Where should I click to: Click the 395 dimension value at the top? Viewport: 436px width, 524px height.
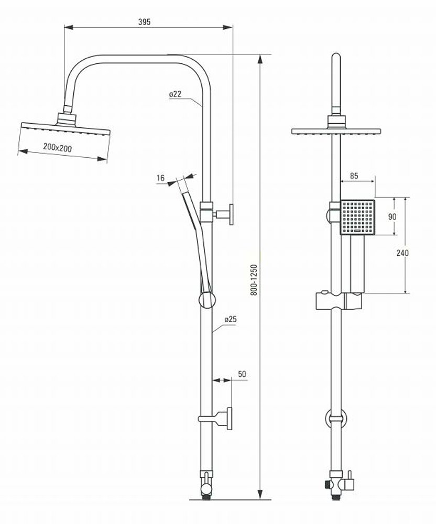pos(144,21)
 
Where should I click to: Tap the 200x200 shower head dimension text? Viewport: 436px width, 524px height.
pos(57,147)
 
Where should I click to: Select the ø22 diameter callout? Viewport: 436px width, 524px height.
pos(175,94)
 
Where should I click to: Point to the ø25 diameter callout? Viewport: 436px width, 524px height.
pos(231,319)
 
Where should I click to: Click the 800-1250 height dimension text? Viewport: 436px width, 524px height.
pos(254,280)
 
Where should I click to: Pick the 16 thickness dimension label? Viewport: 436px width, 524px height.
pos(161,178)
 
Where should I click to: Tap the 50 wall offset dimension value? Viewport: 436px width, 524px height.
pos(242,374)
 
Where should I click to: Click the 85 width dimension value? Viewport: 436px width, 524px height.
pos(354,176)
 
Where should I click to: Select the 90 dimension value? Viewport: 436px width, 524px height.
pos(392,216)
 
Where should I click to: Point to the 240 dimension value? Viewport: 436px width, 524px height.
pos(402,253)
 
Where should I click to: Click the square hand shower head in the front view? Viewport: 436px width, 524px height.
pos(357,217)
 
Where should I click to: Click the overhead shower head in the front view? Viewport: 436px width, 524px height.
pos(336,131)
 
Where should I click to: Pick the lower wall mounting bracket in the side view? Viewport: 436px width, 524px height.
pos(216,418)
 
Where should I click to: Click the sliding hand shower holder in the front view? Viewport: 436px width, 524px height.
pos(339,300)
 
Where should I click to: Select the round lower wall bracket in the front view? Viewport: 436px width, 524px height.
pos(336,418)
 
